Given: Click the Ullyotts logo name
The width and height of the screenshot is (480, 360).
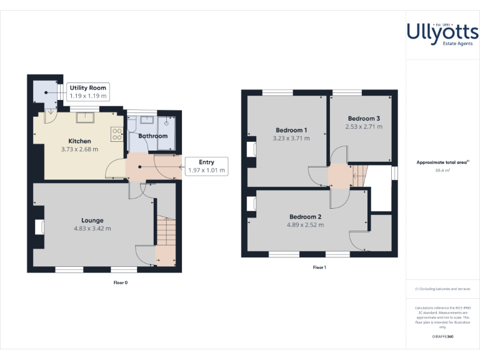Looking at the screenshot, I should pos(442,32).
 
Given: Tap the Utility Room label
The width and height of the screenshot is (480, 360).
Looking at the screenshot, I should pos(88,88).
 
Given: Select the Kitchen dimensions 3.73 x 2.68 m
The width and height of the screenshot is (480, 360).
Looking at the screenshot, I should pos(79,149).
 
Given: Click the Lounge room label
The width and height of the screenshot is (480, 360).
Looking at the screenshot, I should pos(92,220).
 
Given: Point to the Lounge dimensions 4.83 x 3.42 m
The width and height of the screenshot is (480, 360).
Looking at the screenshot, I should pos(92,229).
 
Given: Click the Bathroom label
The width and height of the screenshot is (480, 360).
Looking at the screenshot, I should pos(153,136).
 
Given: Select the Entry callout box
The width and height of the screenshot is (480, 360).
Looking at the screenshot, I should pos(206,166).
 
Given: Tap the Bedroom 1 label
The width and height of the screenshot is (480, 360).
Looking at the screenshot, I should pos(291,130).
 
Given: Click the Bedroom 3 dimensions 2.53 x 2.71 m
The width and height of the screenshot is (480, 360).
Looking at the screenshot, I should pos(364,127).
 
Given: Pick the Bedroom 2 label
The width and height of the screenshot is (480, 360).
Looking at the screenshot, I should pos(306,216).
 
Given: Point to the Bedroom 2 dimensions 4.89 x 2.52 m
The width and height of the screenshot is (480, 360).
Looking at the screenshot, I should pos(306,225).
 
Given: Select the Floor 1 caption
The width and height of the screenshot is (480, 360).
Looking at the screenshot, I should pos(319,267).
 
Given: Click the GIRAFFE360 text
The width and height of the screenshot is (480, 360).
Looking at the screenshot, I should pos(442,337).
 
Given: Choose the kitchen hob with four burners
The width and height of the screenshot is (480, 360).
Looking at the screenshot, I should pos(116,134).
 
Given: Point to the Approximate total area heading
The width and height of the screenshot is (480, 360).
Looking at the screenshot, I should pos(442,162).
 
